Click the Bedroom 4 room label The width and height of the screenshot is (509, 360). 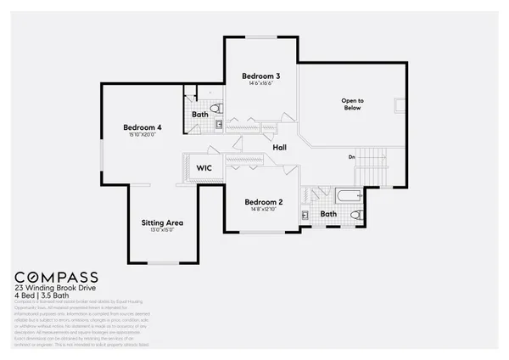[142, 127]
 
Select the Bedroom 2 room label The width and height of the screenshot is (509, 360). [263, 202]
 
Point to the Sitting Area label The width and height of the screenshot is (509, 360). [162, 223]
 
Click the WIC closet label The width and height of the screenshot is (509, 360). [204, 168]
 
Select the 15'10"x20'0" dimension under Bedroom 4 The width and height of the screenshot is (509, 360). [142, 136]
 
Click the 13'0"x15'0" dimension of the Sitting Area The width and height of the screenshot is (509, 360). [162, 231]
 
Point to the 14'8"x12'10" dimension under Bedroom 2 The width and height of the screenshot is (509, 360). [263, 211]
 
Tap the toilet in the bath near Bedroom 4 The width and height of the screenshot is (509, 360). [215, 108]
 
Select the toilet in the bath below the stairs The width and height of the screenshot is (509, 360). [357, 214]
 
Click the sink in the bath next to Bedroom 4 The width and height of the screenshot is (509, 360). [219, 125]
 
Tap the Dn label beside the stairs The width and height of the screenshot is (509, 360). [351, 156]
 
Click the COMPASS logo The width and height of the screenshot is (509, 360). [57, 278]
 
